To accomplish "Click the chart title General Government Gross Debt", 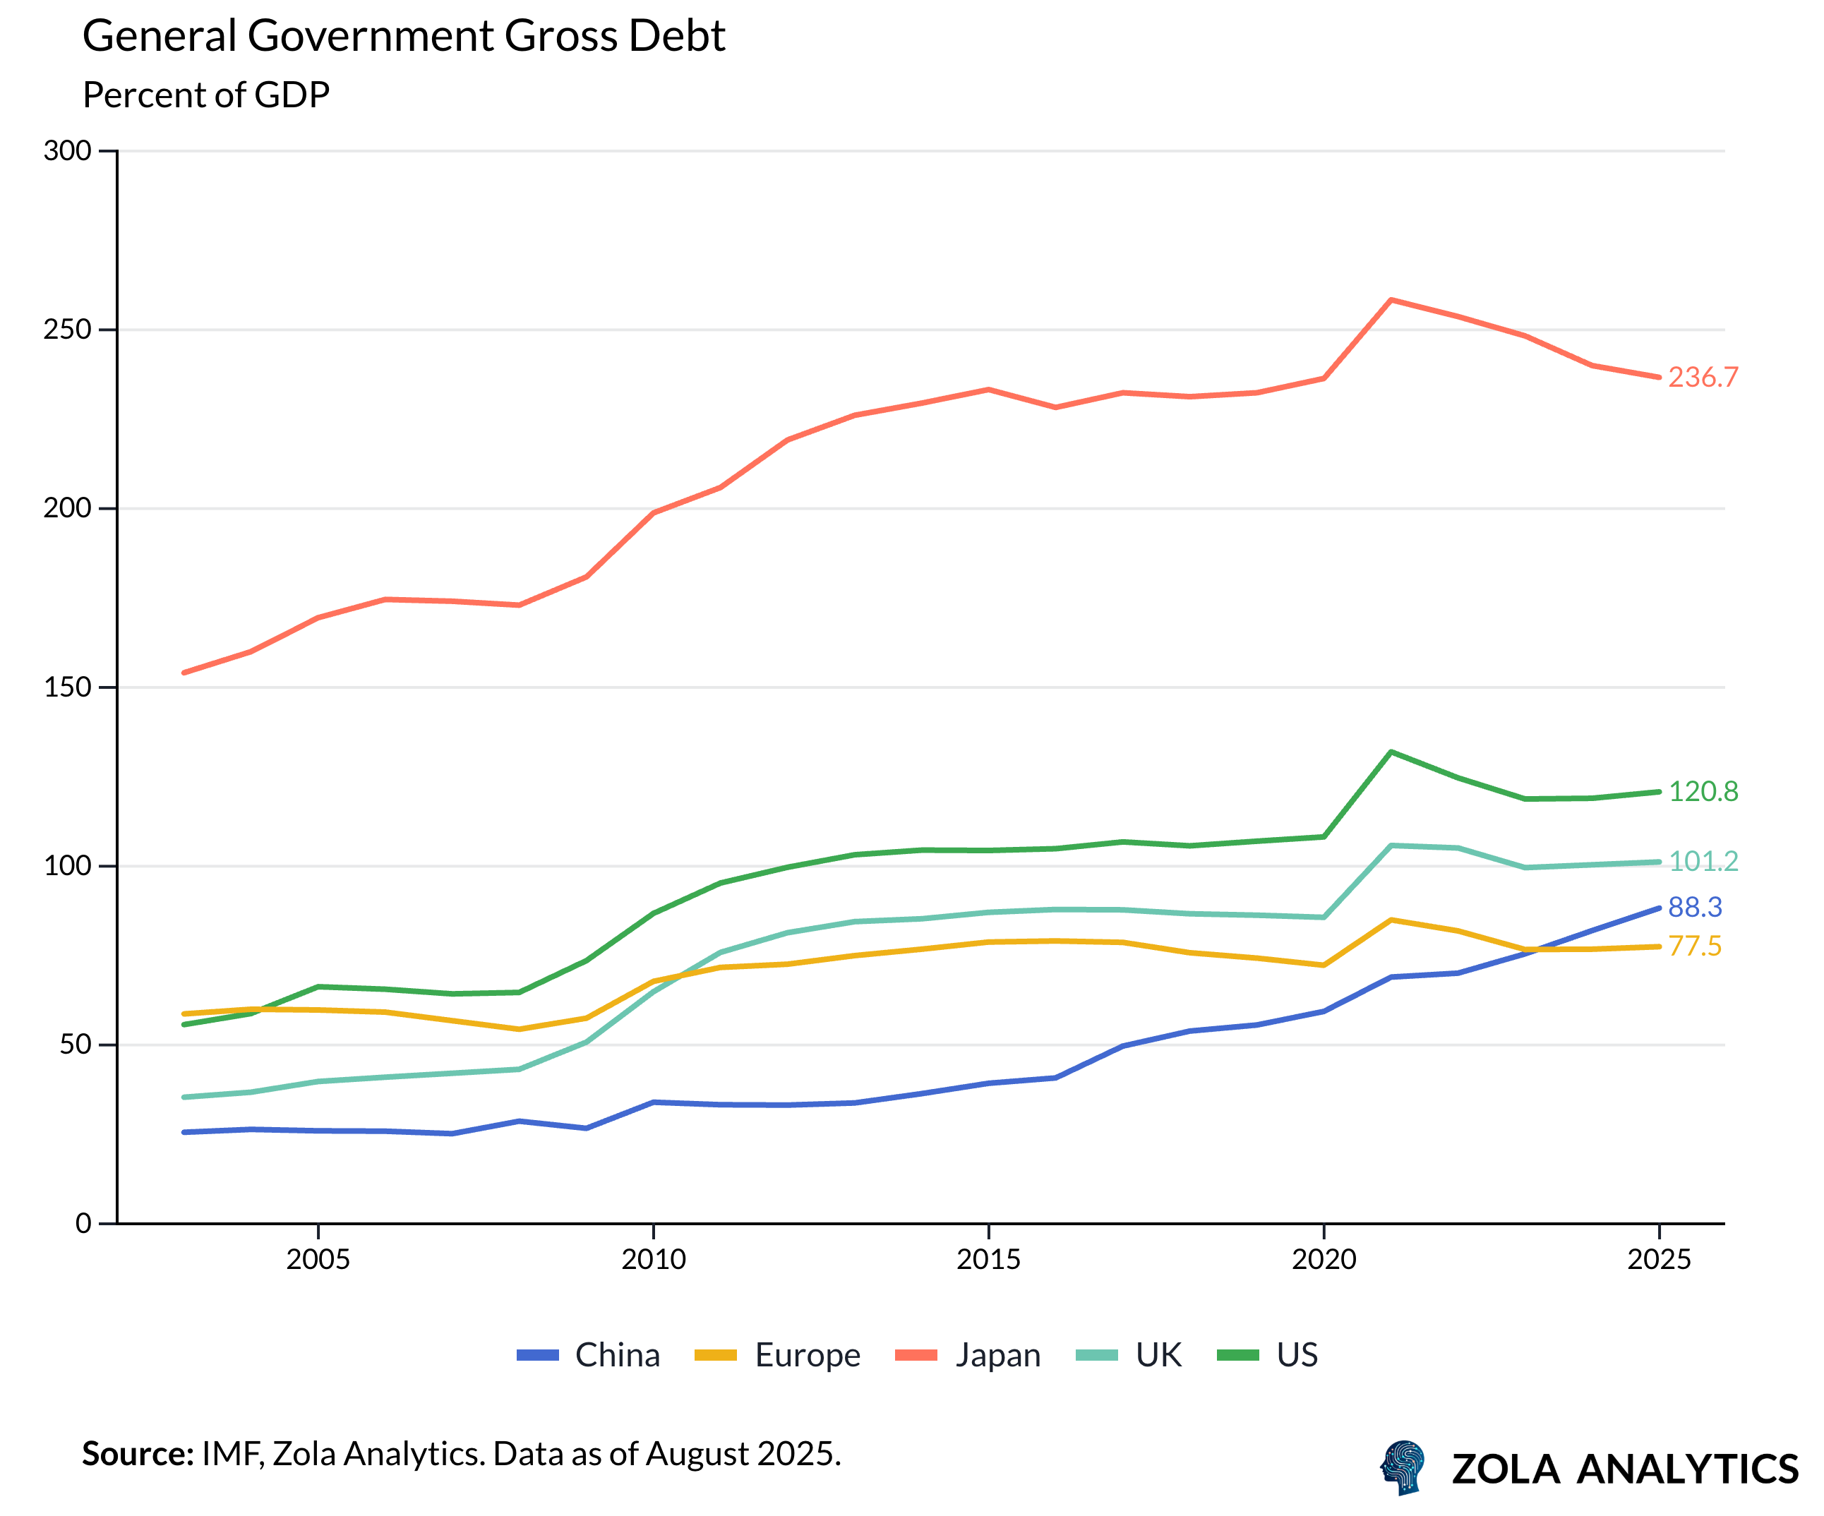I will [403, 37].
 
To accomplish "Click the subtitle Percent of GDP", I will [206, 95].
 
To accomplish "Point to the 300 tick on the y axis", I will [68, 151].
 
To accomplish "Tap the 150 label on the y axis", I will [68, 687].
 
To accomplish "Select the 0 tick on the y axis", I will [83, 1223].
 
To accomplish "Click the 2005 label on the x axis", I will [318, 1260].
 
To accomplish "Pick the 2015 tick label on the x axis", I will [988, 1260].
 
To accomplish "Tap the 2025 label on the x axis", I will [1659, 1260].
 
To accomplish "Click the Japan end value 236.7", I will [1703, 378].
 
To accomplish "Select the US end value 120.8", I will [1703, 792].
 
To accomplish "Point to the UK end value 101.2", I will [1703, 861].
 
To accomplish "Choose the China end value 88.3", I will [1695, 908].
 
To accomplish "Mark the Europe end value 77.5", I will [1695, 946].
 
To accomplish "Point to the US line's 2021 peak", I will [1391, 752].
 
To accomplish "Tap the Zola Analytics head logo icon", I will [1403, 1467].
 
